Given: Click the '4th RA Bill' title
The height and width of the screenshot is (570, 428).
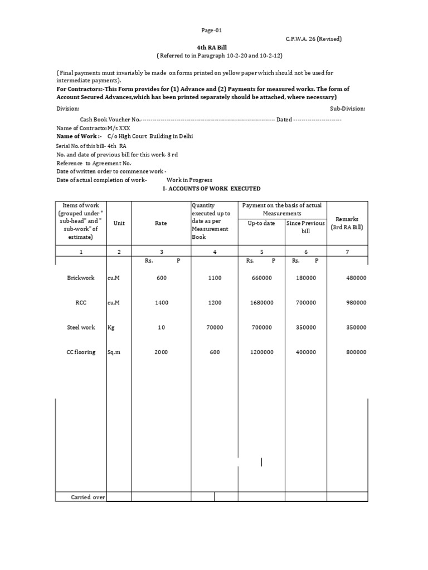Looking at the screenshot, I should [213, 48].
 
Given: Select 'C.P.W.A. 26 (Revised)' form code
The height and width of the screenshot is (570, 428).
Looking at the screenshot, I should [314, 39].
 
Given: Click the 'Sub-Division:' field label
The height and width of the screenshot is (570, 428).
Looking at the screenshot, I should [348, 109].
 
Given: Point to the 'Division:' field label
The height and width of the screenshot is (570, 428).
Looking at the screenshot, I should [68, 109].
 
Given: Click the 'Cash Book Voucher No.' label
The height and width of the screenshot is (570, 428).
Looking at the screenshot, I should [110, 120].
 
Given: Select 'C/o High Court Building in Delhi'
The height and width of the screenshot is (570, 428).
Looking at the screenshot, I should [150, 136].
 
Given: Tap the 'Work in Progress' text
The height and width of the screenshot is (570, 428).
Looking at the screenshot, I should [189, 180].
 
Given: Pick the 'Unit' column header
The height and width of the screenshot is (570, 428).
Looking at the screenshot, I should [119, 223].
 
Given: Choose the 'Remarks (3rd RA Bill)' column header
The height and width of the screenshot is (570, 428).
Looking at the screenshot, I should [347, 223].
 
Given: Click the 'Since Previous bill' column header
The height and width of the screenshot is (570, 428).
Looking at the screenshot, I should [305, 227].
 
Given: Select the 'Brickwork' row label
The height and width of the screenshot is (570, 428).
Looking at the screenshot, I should [81, 278].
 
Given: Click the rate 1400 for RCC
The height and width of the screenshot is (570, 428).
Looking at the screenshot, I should [161, 303].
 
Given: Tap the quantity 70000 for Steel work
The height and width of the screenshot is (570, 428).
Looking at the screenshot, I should [215, 328].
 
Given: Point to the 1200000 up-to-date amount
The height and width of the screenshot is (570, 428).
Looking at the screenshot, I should [261, 352].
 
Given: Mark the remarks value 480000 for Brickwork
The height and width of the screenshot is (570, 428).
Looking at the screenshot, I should [356, 278].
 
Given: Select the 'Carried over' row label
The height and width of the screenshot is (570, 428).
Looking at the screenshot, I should [88, 497].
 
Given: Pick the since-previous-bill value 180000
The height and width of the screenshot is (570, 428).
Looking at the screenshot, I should [306, 278].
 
